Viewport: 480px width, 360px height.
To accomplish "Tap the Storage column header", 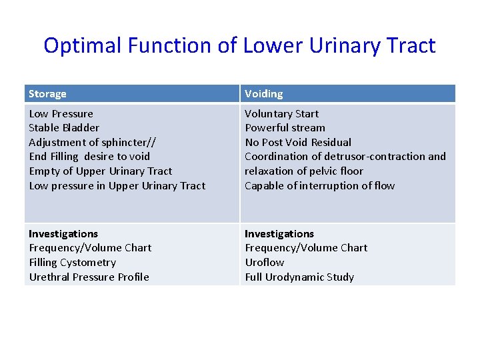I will click(x=47, y=94).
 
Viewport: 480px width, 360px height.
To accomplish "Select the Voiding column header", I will click(x=263, y=94).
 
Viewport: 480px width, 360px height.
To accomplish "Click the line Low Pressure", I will click(x=61, y=114).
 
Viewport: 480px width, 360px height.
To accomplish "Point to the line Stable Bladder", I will click(x=64, y=128).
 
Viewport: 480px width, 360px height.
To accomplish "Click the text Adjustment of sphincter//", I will click(x=93, y=142).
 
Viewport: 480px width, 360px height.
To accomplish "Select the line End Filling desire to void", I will click(x=89, y=157).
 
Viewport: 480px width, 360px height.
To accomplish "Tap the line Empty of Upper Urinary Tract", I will click(x=100, y=171).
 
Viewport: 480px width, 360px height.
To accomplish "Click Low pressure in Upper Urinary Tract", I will click(x=117, y=186).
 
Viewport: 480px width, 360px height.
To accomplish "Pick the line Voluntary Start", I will click(x=281, y=114).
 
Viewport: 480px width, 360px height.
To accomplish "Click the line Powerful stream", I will click(x=285, y=128).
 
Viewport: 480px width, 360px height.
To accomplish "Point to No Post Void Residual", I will click(x=297, y=142).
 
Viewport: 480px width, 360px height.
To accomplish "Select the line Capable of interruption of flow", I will click(x=319, y=186).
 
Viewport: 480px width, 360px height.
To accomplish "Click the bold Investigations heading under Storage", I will click(x=63, y=234).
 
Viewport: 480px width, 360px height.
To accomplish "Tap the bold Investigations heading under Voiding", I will click(x=279, y=234).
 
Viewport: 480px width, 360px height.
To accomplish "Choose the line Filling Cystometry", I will click(x=72, y=263).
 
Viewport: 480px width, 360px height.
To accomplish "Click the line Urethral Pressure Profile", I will click(x=89, y=277).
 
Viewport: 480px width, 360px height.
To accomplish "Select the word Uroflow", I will click(x=264, y=263).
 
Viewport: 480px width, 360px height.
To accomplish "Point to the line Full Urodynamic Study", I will click(x=299, y=277).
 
